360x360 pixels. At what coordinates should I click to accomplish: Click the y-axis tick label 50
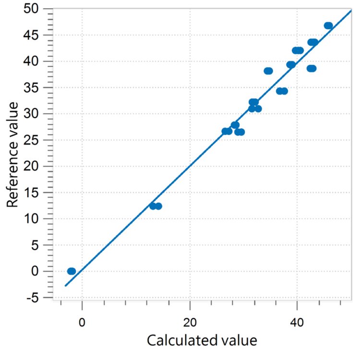[x=34, y=9]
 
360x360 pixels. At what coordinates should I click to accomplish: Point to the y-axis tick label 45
[x=34, y=35]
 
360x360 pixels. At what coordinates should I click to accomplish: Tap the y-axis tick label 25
[x=34, y=140]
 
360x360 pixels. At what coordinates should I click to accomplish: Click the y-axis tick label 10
[x=34, y=219]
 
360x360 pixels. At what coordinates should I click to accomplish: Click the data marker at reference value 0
[x=72, y=271]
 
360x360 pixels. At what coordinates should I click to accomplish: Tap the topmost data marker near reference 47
[x=328, y=25]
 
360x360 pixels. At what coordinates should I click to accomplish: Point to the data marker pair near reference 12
[x=156, y=206]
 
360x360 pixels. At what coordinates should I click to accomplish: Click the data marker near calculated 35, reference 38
[x=268, y=71]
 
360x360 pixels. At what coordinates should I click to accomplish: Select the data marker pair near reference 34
[x=282, y=91]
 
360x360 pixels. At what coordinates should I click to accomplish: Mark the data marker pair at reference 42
[x=298, y=50]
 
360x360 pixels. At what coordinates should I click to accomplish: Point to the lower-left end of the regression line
[x=65, y=286]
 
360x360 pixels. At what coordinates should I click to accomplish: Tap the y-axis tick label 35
[x=34, y=88]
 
